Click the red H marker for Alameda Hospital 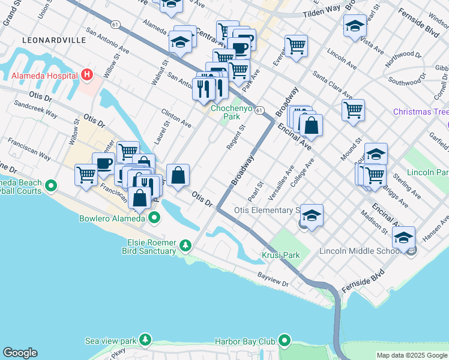click(x=88, y=76)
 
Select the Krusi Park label click(x=281, y=255)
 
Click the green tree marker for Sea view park click(x=145, y=340)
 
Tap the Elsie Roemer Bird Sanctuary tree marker click(x=186, y=245)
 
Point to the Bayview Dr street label click(x=274, y=276)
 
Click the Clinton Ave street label click(x=176, y=118)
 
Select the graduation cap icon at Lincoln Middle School click(x=403, y=237)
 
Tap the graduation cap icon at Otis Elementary click(x=312, y=215)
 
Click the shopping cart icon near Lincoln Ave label click(x=296, y=46)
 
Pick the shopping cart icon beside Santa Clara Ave click(x=354, y=110)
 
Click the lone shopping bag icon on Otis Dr click(x=178, y=175)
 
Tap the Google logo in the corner click(x=20, y=353)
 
